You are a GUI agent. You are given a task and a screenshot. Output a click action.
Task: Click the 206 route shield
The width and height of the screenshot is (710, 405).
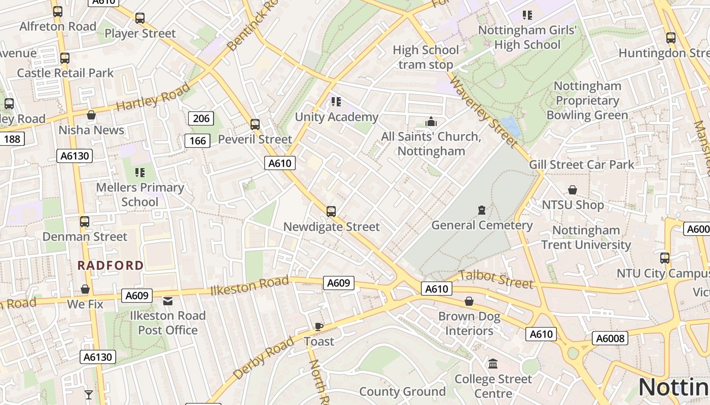tap(201, 118)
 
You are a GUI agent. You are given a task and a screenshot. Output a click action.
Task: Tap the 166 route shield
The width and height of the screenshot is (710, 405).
tap(197, 140)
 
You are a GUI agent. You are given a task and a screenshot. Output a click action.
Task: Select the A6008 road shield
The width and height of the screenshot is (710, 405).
tap(610, 338)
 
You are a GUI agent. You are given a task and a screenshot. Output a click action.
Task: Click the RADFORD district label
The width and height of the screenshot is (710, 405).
tap(111, 265)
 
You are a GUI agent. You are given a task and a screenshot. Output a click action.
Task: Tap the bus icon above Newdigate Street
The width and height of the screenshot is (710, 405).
tap(331, 211)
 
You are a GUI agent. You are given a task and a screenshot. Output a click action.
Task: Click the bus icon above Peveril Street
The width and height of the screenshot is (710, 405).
tap(255, 124)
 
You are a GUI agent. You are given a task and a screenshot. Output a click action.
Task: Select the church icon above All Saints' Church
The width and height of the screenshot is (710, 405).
tap(431, 121)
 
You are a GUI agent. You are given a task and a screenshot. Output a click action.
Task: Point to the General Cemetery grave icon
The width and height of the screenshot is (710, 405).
tap(482, 210)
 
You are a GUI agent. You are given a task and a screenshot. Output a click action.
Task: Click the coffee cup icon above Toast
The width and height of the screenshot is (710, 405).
tap(318, 327)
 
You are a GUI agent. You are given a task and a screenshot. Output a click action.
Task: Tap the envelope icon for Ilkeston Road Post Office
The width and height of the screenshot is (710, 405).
tap(168, 301)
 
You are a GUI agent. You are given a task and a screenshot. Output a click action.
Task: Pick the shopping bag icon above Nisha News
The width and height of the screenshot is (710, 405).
tap(91, 115)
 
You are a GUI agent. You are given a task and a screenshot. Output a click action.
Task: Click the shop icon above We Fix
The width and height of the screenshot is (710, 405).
tap(85, 289)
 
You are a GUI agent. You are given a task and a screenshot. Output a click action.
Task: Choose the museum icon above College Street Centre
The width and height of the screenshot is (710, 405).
tap(493, 364)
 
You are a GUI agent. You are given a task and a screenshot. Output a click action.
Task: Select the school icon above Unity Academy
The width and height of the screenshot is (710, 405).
tap(336, 102)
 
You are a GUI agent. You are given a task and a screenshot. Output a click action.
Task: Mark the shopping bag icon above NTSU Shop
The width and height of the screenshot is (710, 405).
tap(573, 190)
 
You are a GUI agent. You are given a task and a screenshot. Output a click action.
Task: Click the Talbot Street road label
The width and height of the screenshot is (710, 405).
tap(496, 279)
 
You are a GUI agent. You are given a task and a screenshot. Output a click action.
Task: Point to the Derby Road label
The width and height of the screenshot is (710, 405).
tap(263, 357)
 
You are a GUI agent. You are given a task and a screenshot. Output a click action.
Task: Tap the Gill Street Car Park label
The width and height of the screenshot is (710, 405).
tap(581, 165)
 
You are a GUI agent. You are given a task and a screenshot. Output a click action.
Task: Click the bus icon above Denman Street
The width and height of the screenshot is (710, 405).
tap(85, 221)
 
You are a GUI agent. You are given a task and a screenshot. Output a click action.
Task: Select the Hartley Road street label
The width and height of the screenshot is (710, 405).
tap(153, 97)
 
